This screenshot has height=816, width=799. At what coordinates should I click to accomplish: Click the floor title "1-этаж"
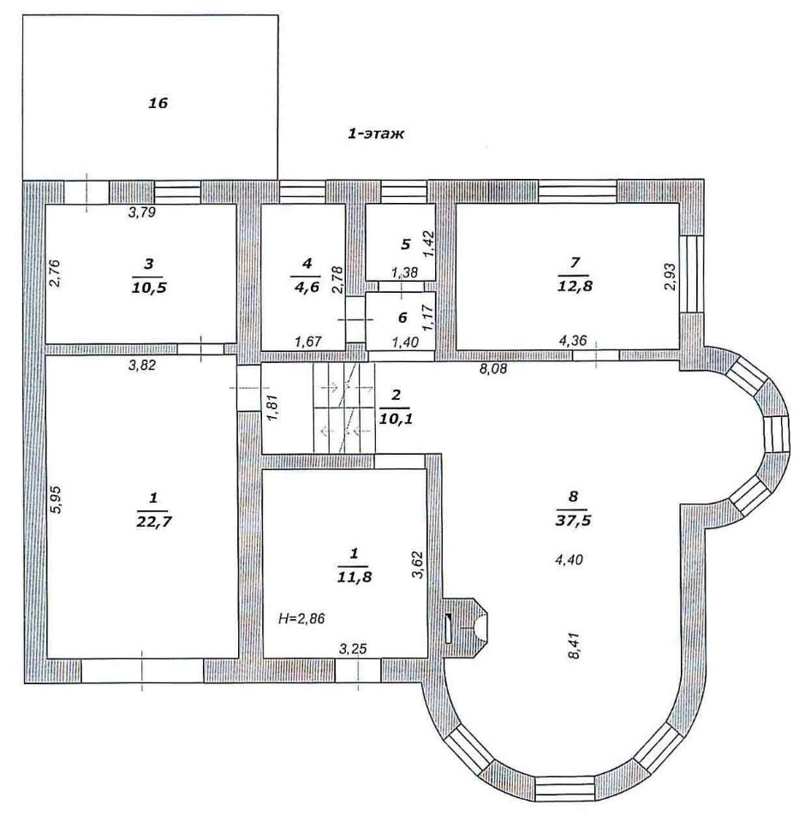tap(376, 134)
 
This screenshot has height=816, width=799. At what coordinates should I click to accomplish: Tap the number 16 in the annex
tap(158, 103)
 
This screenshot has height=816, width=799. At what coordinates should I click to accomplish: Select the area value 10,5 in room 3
tap(149, 287)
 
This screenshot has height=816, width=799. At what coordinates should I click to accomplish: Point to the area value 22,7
tap(153, 521)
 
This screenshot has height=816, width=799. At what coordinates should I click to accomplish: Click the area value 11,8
tap(355, 576)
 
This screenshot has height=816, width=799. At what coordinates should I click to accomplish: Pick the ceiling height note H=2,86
tap(302, 619)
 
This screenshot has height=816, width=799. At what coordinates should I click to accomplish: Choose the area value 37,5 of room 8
tap(573, 520)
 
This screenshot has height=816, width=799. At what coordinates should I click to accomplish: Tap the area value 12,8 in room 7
tap(575, 286)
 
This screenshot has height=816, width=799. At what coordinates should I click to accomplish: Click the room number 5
tap(406, 243)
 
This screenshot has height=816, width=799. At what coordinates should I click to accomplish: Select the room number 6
tap(402, 317)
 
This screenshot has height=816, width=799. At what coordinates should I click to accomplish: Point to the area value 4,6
tap(307, 287)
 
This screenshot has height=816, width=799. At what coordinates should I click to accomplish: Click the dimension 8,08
tap(493, 369)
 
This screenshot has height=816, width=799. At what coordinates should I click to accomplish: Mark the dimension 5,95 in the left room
tap(56, 499)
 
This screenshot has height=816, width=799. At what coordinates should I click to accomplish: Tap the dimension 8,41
tap(574, 646)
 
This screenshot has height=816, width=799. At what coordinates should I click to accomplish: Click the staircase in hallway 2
tap(343, 408)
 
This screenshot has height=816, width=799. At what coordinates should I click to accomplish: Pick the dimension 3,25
tap(353, 648)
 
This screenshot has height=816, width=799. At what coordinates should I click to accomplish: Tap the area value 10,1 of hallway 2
tap(396, 419)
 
